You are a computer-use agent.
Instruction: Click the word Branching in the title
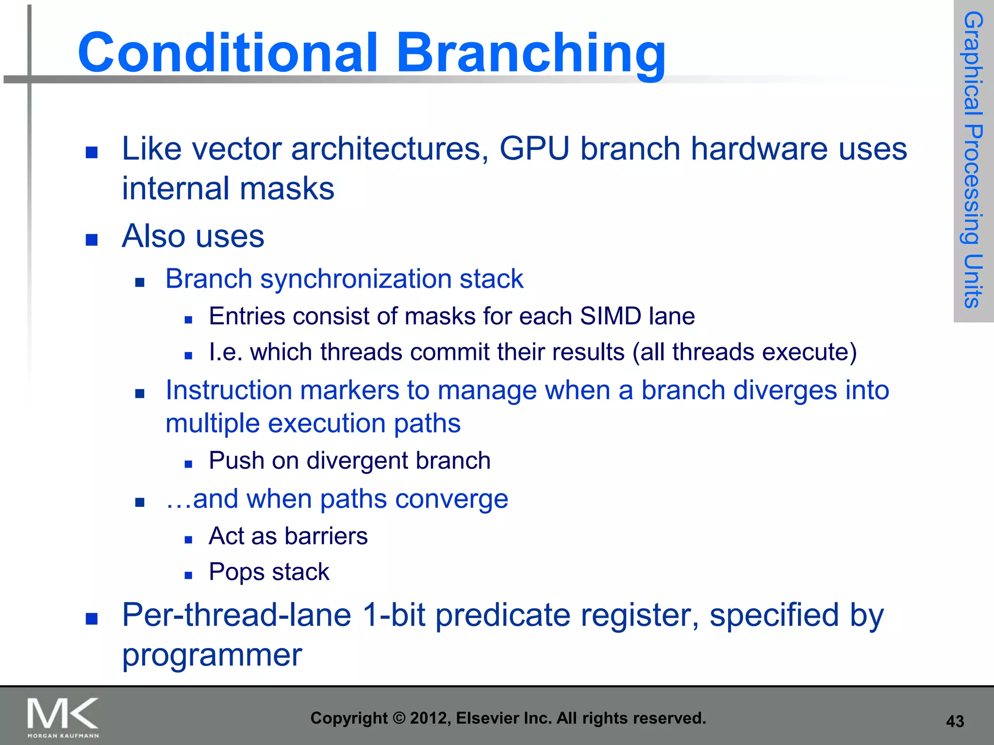point(531,53)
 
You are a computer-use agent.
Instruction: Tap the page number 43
point(955,721)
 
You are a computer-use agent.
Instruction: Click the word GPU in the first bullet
point(534,148)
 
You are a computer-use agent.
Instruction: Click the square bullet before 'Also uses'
point(92,240)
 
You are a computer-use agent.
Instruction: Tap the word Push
point(236,461)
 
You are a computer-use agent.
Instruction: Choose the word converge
point(451,499)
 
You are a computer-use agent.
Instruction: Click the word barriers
point(326,536)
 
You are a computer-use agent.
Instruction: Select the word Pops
point(236,572)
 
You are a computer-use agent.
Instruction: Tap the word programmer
point(212,655)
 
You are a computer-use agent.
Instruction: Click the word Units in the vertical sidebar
point(973,281)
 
